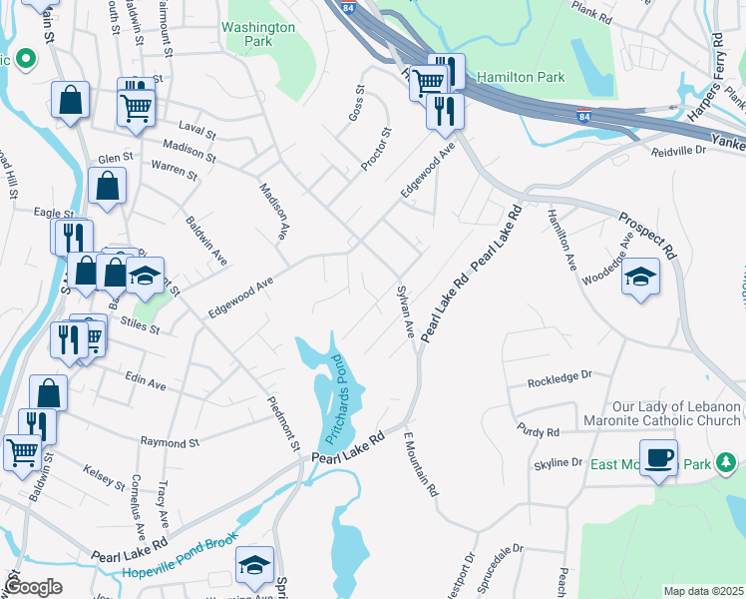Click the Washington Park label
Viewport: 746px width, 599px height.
[258, 35]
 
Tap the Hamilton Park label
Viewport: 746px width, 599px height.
[521, 77]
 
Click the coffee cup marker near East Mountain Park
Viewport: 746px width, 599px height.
[658, 459]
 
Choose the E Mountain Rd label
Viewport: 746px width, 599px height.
[421, 465]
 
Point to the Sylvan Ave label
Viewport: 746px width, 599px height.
[406, 311]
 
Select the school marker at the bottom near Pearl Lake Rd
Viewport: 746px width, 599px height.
[254, 566]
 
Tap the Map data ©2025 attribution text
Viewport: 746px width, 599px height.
[703, 591]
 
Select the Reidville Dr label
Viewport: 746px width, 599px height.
[679, 149]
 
